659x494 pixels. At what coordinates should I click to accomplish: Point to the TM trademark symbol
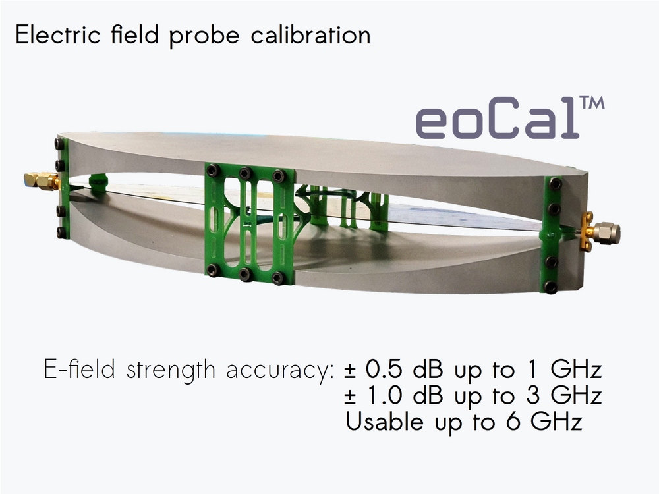(x=592, y=105)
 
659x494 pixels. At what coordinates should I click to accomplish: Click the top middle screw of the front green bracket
(x=245, y=173)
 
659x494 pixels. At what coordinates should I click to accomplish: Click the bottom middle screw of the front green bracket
(x=245, y=273)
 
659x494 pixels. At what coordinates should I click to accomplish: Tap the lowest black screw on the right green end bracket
(x=552, y=286)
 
